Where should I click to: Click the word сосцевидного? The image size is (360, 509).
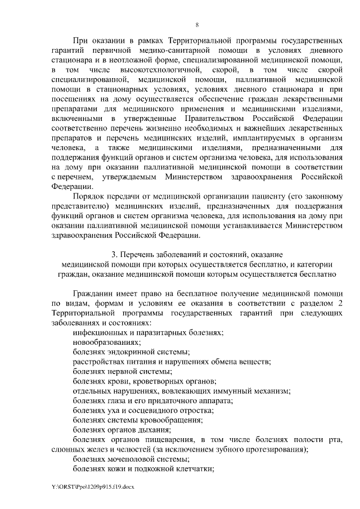pyautogui.click(x=143, y=409)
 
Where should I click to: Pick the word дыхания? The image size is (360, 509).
pyautogui.click(x=156, y=429)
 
